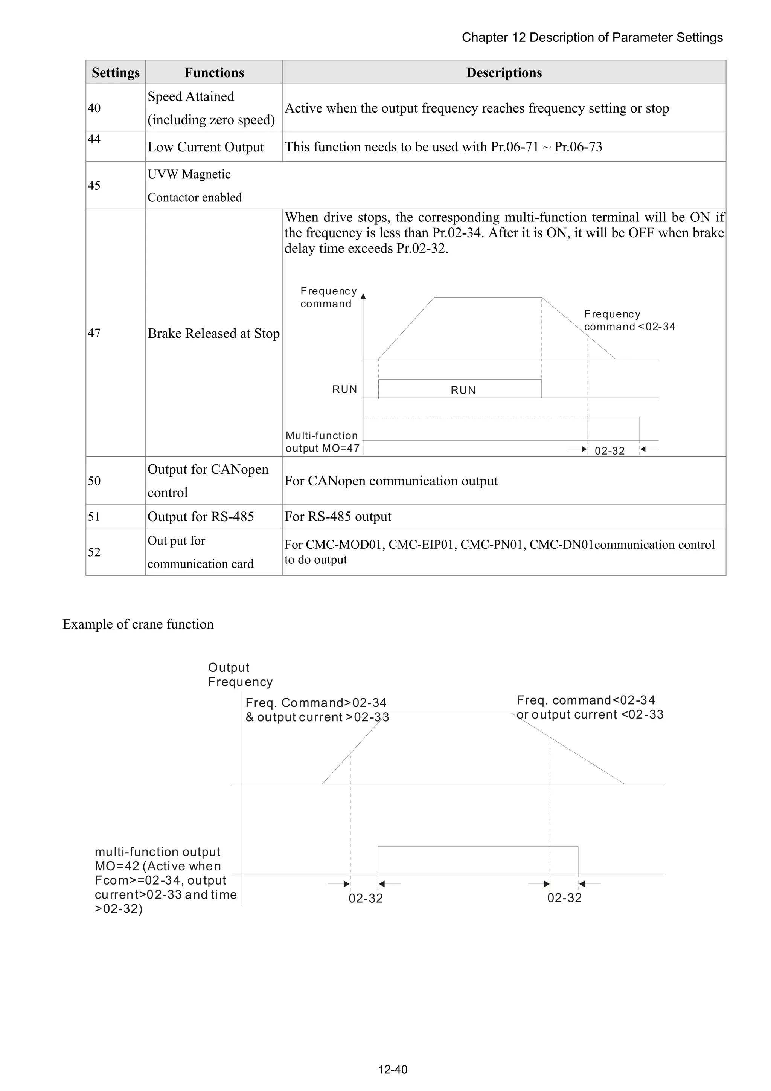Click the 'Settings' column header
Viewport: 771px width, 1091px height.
(x=116, y=73)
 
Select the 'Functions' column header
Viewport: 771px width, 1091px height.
(x=214, y=73)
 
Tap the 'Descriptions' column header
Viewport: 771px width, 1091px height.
(x=504, y=73)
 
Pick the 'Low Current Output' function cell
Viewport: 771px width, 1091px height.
(x=206, y=147)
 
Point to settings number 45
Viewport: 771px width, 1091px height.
(x=94, y=185)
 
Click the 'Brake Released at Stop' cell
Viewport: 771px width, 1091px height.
(x=213, y=334)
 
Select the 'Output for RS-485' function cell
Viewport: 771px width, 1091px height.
(x=201, y=517)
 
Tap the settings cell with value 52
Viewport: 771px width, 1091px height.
(x=94, y=552)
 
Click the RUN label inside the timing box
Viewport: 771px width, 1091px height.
(x=463, y=390)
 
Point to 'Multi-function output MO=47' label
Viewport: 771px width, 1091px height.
(x=322, y=442)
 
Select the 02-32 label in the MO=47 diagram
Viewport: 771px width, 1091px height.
(x=609, y=451)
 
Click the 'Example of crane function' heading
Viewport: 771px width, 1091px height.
(x=138, y=624)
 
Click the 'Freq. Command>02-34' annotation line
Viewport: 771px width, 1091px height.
(x=316, y=703)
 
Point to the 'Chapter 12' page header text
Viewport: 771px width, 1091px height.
(x=592, y=38)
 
